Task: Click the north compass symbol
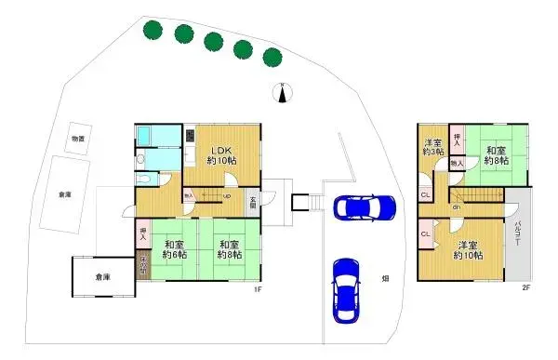pos(284,91)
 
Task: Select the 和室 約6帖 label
pos(175,248)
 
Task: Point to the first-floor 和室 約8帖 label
pos(232,248)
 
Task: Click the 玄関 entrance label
pos(252,199)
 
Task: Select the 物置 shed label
pos(78,139)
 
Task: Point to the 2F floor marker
pos(525,288)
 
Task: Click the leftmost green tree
pos(152,30)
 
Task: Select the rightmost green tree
pos(272,57)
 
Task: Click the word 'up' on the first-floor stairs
pos(227,196)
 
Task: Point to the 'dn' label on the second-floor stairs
pos(457,207)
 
